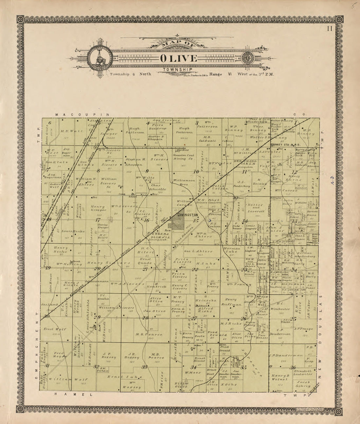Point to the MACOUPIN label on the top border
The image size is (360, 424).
pyautogui.click(x=81, y=115)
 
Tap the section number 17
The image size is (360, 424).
pyautogui.click(x=98, y=220)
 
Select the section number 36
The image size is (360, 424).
pyautogui.click(x=293, y=367)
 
